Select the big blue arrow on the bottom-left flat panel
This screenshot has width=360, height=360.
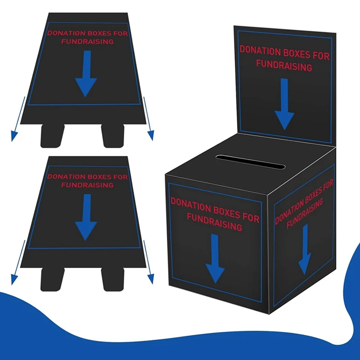[86, 217]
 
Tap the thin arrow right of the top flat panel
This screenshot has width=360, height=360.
[147, 117]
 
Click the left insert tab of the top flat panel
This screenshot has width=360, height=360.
[51, 136]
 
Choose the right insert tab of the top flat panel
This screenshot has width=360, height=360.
[113, 136]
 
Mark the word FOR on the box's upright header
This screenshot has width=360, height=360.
[320, 56]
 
